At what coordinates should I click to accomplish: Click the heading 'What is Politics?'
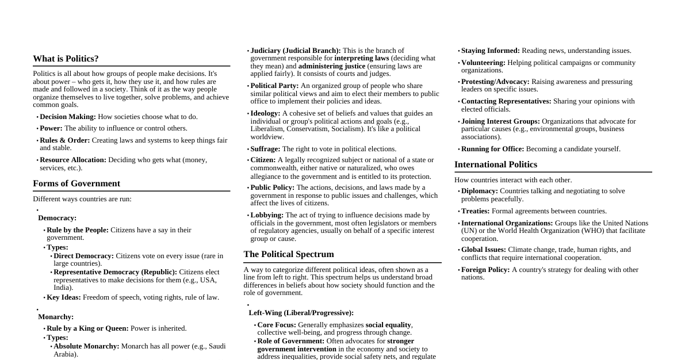(66, 59)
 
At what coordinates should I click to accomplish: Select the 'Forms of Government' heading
(76, 183)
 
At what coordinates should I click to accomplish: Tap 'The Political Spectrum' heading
(289, 254)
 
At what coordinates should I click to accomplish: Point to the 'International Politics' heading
(496, 164)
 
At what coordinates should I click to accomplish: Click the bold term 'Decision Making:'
(68, 117)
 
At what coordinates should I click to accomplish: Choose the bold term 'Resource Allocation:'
(73, 160)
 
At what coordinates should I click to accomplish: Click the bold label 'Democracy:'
(58, 218)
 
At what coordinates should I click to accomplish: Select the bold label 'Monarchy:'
(56, 317)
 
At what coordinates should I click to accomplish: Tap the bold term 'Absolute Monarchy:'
(86, 346)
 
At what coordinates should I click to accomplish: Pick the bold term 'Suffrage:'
(265, 149)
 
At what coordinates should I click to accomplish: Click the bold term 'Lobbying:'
(267, 215)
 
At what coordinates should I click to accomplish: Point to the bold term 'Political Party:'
(274, 86)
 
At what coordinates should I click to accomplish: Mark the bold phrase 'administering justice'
(332, 66)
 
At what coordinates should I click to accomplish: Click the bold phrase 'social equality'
(388, 325)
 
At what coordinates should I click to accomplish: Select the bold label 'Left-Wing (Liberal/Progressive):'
(301, 313)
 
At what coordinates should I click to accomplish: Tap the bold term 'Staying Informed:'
(491, 51)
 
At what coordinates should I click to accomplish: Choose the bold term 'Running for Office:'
(493, 149)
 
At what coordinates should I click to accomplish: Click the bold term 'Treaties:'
(476, 211)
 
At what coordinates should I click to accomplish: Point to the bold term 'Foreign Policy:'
(485, 270)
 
